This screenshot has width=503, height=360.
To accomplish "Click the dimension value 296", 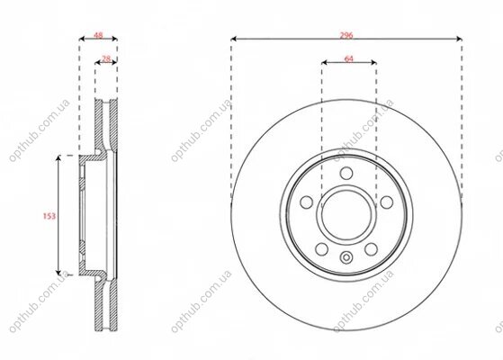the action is (x=346, y=35).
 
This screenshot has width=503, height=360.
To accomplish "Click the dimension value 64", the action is (x=348, y=58).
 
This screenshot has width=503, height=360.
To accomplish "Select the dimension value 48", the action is (x=98, y=35).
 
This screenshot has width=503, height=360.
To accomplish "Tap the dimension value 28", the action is (x=106, y=58).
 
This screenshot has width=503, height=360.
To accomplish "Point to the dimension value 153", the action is (x=49, y=216).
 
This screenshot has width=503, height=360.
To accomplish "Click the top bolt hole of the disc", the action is (x=346, y=174).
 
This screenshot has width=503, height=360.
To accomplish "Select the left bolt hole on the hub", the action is (x=306, y=202).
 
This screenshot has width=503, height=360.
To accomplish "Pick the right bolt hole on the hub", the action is (x=387, y=202).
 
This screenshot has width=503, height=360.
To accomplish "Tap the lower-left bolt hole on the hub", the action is (x=322, y=249).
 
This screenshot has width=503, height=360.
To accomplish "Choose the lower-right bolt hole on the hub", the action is (x=371, y=249).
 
